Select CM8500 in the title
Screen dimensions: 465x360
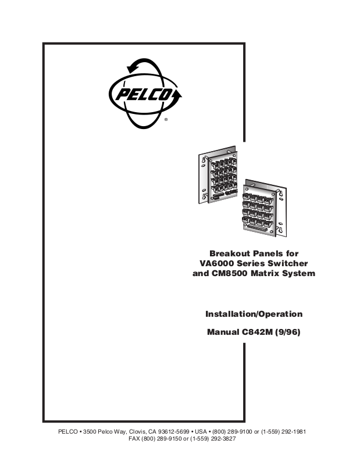234,273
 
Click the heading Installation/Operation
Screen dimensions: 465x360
254,314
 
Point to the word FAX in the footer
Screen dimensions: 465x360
134,439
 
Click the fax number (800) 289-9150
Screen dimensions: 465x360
163,439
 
